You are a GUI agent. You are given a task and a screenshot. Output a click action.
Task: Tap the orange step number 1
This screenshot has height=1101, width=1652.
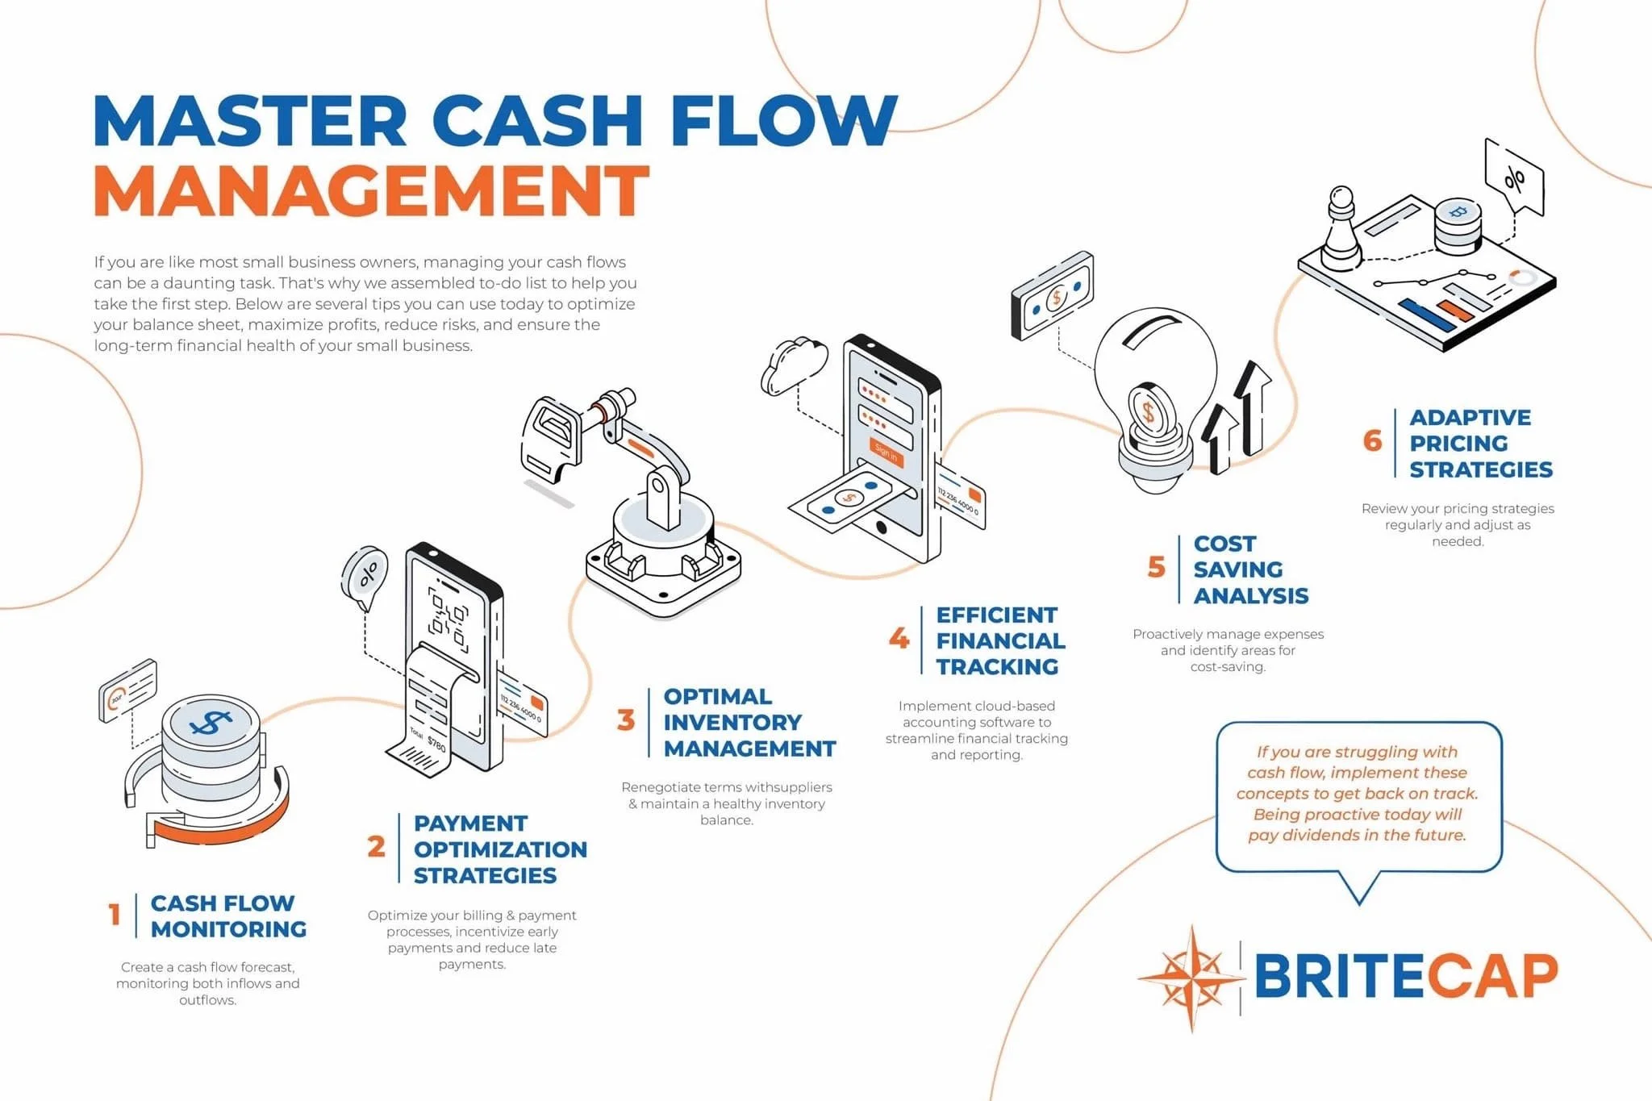point(115,915)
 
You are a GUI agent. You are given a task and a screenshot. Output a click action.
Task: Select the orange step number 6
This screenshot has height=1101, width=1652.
point(1372,440)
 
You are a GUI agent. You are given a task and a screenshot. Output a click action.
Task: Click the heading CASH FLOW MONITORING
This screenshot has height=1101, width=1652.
point(228,915)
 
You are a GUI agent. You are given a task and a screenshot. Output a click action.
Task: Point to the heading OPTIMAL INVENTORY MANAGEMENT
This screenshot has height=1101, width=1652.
point(749,722)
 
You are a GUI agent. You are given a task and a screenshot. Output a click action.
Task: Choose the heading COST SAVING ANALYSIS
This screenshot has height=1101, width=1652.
point(1249,569)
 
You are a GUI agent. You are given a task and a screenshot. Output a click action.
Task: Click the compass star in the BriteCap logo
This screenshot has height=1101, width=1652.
point(1191,978)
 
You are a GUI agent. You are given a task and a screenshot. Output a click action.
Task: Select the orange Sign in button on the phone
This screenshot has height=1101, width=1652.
point(886,453)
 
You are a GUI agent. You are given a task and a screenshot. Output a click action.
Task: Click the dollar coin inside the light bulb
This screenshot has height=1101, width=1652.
point(1149,412)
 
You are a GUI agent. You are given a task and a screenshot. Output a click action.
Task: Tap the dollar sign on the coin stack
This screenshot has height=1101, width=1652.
point(211,722)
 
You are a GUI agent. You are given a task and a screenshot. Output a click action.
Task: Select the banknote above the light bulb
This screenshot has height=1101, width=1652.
point(1053,296)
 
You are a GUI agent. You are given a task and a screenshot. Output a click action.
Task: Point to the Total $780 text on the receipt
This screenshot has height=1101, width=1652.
point(428,738)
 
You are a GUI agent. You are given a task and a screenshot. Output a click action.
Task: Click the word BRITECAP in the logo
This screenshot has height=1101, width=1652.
point(1405,977)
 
